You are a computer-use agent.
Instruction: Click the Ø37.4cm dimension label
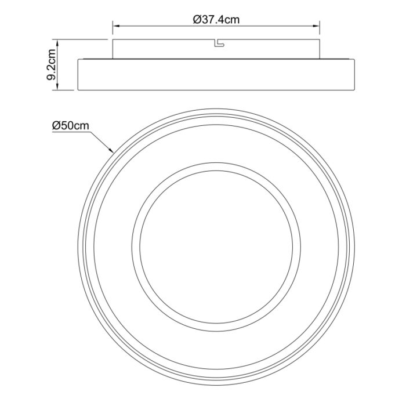point(216,19)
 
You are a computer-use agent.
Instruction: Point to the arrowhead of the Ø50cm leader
point(113,152)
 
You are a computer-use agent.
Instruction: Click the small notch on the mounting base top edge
point(218,42)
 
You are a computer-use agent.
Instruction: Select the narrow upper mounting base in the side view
point(174,49)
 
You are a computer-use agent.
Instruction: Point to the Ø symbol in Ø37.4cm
point(195,19)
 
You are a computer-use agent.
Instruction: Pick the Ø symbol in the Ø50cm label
point(55,125)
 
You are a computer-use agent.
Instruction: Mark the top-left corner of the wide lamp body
point(78,59)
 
